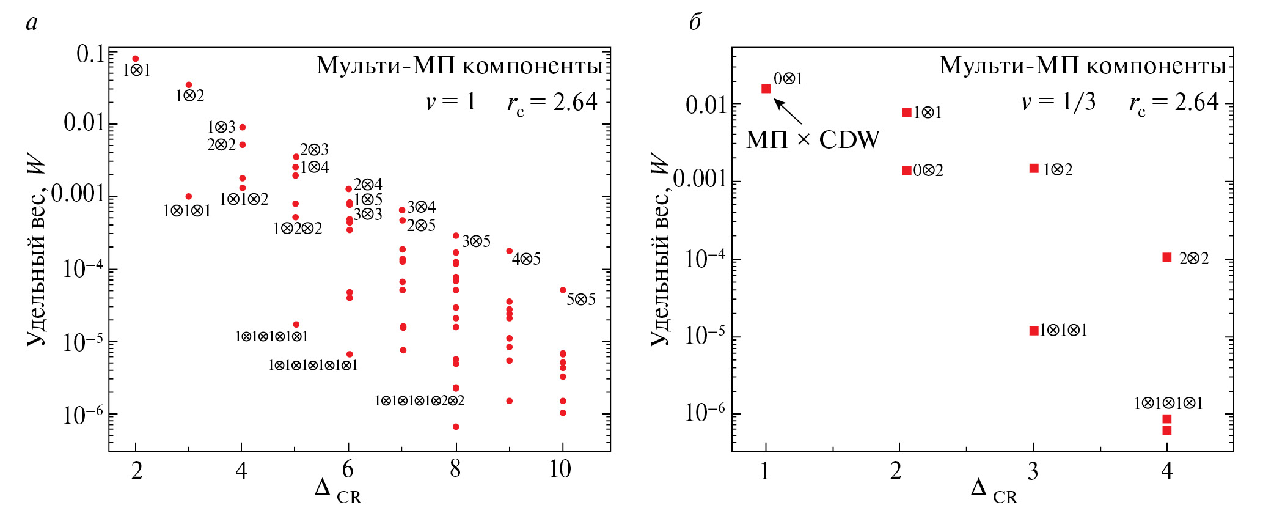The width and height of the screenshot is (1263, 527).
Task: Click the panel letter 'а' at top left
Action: [32, 23]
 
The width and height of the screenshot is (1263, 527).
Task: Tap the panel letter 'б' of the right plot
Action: [695, 23]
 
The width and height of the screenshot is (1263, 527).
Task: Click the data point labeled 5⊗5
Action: [563, 290]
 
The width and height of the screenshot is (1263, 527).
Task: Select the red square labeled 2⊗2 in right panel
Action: [1166, 257]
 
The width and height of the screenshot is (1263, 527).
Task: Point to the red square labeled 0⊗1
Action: [766, 89]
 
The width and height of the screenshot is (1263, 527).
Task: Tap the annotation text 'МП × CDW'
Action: [813, 140]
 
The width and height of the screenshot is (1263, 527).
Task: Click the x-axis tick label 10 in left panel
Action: [560, 470]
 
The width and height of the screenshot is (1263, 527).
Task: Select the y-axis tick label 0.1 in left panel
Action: [90, 54]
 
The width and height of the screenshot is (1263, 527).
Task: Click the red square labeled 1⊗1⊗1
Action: [1034, 331]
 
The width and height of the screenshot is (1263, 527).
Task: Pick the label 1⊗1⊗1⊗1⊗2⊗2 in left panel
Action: [419, 401]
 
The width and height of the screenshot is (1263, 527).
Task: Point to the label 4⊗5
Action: [526, 259]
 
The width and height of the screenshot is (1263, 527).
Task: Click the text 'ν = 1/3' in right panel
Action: [1058, 102]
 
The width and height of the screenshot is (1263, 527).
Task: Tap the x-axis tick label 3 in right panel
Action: [1033, 471]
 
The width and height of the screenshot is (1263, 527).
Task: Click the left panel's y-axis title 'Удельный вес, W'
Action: [36, 251]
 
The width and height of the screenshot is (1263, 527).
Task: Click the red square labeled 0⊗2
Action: [907, 171]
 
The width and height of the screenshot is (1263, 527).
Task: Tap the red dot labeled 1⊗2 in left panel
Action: [189, 85]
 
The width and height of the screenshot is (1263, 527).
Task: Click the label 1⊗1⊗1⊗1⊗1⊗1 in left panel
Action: [312, 366]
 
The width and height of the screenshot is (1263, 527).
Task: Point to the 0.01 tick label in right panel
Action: [708, 105]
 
